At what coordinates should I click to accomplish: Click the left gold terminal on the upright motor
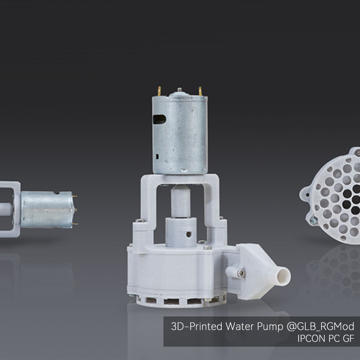159,90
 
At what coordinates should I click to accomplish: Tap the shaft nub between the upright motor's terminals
179,89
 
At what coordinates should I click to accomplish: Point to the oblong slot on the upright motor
159,119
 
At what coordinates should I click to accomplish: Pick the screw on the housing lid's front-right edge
207,248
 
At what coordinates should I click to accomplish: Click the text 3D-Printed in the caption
196,327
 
